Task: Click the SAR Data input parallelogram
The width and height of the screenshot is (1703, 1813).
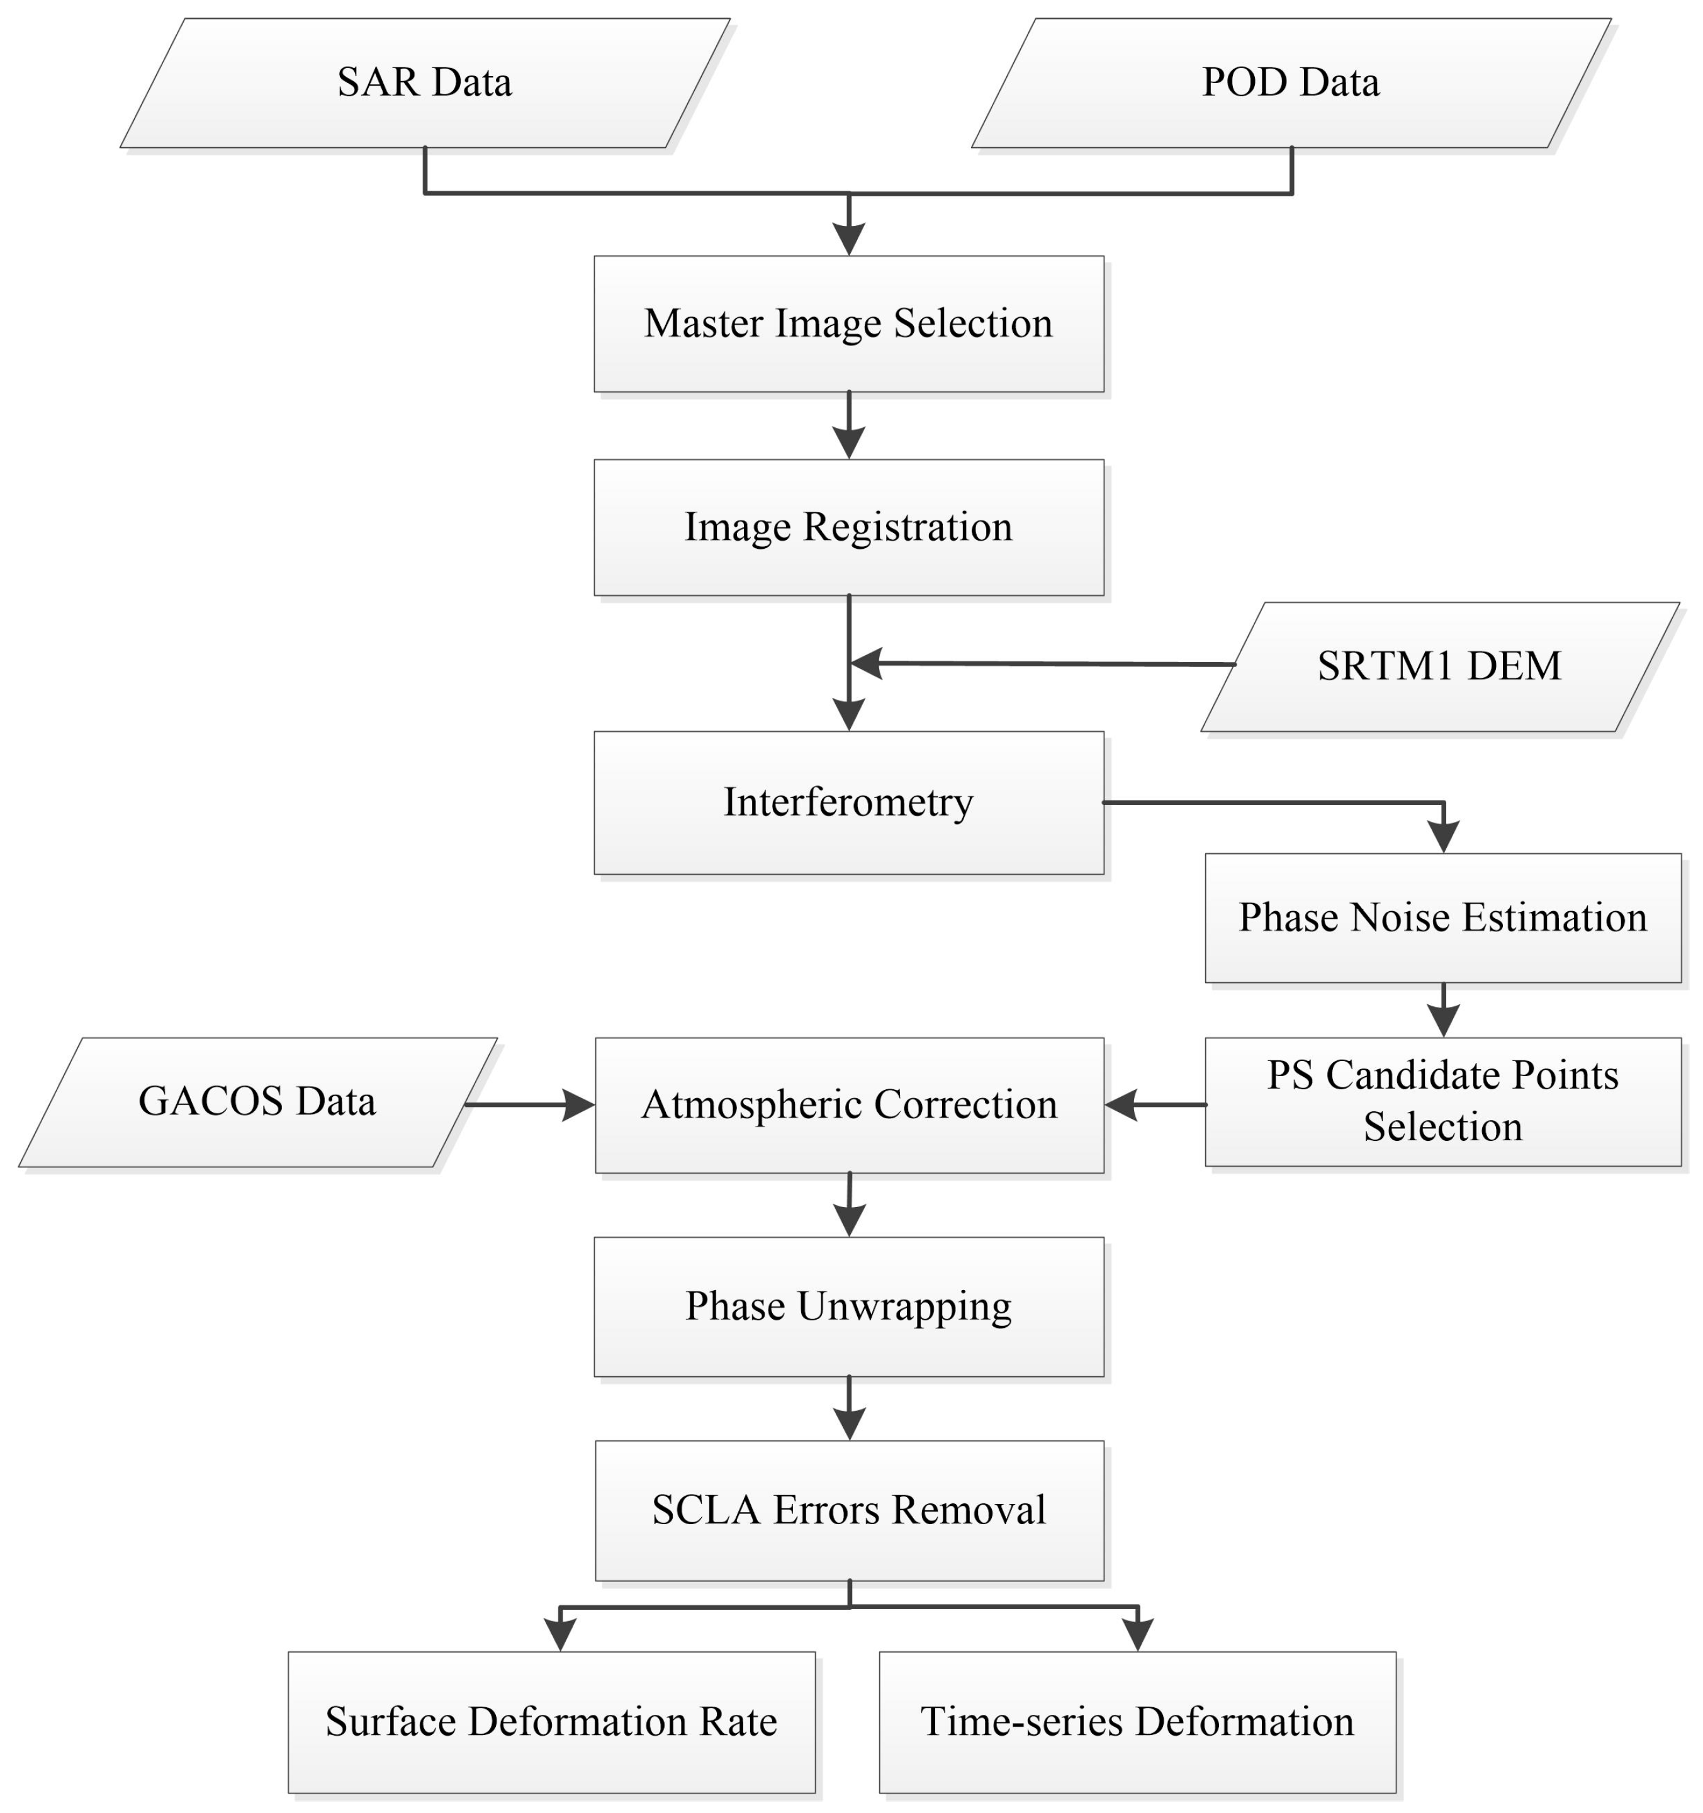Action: click(425, 83)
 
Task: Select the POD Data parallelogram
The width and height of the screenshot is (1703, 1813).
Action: click(1291, 83)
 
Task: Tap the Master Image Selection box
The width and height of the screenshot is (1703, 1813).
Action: click(848, 323)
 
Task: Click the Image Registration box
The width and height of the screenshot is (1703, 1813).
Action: click(848, 527)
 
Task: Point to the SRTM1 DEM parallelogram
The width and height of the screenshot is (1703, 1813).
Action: click(1439, 666)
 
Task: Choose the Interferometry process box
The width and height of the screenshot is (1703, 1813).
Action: click(848, 802)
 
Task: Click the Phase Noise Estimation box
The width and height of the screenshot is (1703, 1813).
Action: click(1442, 918)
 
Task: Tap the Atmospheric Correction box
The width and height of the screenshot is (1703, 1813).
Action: click(848, 1104)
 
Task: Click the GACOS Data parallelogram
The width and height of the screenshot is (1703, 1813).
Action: click(257, 1102)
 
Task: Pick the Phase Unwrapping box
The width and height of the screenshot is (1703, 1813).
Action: click(848, 1306)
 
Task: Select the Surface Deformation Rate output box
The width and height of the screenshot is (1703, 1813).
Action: click(551, 1722)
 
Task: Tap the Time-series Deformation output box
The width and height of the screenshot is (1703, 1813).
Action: click(1137, 1722)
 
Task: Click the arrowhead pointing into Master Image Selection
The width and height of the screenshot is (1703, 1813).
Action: click(849, 239)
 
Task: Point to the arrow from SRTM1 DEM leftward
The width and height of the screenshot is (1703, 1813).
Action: click(1040, 664)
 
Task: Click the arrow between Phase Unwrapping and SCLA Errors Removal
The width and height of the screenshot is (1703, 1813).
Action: click(849, 1409)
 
